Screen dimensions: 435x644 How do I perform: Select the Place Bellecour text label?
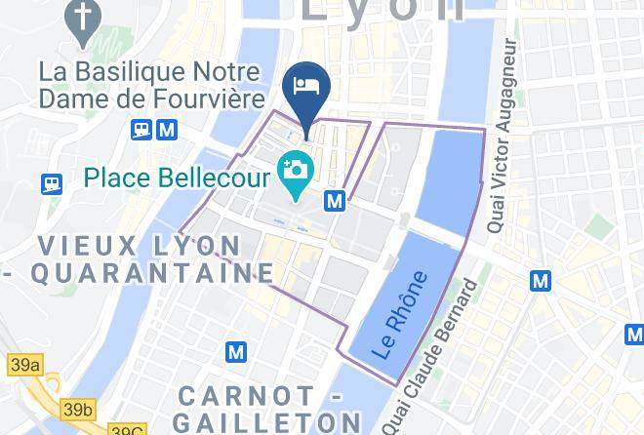coord(177,178)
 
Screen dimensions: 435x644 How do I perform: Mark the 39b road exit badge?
coord(77,409)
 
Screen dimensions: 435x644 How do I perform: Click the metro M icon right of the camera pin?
coord(336,200)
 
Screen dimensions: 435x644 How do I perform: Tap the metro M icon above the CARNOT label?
coord(236,350)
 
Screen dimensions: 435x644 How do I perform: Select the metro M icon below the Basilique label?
coord(167,129)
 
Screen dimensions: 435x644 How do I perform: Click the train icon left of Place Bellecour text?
coord(51,182)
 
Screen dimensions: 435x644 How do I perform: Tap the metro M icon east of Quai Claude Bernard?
coord(540,281)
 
